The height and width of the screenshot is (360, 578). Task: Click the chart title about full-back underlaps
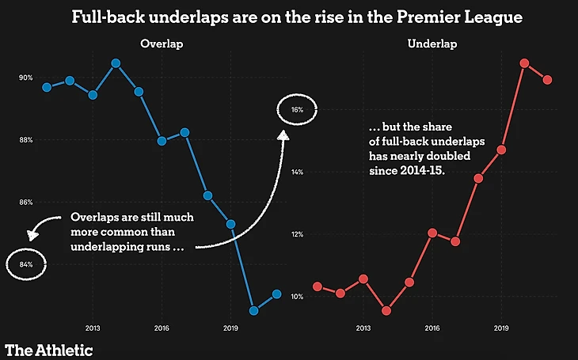296,16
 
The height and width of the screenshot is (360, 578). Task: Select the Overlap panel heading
162,44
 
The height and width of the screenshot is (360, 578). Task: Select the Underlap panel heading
432,44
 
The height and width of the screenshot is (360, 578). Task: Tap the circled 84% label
25,265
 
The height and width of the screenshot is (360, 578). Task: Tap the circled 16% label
297,110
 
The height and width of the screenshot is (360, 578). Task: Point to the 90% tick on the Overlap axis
26,78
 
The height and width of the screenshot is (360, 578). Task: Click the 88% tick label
26,140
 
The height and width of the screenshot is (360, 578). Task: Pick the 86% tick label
26,203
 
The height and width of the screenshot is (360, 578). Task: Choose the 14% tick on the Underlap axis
297,172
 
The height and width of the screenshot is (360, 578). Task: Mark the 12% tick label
297,234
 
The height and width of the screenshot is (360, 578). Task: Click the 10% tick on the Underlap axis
297,297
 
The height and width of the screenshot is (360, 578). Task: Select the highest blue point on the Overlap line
116,63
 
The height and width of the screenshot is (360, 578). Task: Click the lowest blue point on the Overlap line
253,310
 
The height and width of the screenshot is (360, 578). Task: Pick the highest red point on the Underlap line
524,63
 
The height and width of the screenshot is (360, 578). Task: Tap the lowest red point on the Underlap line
386,311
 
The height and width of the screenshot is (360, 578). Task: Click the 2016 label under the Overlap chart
162,327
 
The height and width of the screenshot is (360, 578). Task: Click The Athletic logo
49,349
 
